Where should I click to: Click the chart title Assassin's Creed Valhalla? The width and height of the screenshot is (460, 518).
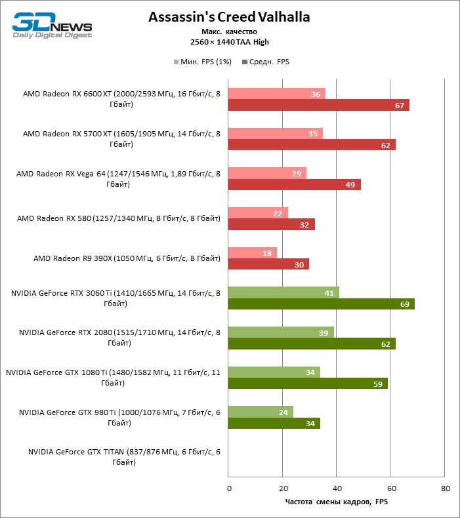(x=229, y=16)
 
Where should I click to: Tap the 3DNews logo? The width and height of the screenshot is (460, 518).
(x=52, y=26)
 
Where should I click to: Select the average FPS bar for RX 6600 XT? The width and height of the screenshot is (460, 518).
(x=318, y=106)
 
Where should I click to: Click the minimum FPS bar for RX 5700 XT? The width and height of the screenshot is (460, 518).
(x=275, y=134)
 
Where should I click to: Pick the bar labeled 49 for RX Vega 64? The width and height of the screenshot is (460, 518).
(x=294, y=185)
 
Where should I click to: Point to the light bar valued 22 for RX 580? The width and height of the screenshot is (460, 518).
(x=258, y=213)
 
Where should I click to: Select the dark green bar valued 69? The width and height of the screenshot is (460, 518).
(x=321, y=304)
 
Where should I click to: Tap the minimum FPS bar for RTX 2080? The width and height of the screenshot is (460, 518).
(x=281, y=332)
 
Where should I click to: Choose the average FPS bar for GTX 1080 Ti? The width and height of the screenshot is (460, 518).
(x=307, y=384)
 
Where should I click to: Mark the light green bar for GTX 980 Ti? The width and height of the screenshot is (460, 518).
(x=261, y=412)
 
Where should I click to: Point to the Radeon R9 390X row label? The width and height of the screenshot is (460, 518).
(x=127, y=258)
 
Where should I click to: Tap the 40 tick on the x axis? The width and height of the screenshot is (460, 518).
(x=337, y=488)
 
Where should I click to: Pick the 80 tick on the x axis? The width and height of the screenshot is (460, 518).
(x=445, y=488)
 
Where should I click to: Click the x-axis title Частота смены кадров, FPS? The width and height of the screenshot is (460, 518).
(x=337, y=502)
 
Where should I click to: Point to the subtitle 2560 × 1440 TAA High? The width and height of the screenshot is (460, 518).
(x=229, y=42)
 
